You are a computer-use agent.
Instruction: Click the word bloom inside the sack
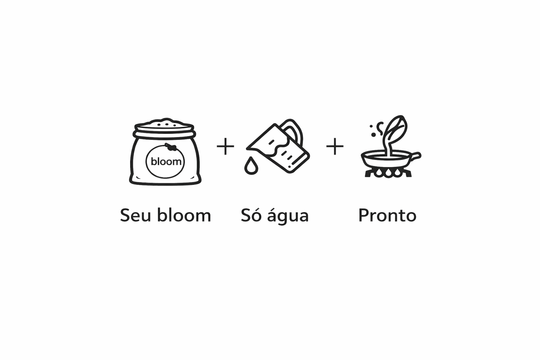coord(166,162)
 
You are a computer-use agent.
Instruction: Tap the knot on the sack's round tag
coord(171,148)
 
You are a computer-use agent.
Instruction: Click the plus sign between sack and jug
coord(225,147)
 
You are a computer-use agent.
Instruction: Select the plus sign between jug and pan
coord(335,147)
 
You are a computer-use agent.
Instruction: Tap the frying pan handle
coord(415,156)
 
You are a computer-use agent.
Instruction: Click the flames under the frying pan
coord(388,173)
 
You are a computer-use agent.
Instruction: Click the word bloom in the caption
coord(184,215)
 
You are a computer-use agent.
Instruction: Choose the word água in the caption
coord(288,215)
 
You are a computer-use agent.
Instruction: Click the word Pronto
coord(387,215)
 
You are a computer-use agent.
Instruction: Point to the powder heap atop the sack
coord(164,122)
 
